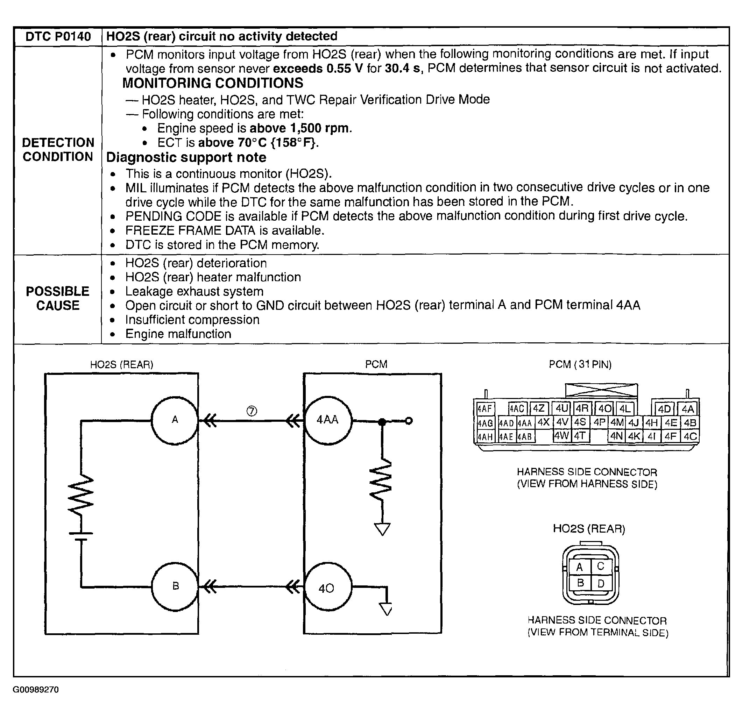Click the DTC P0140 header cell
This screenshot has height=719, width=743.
coord(58,36)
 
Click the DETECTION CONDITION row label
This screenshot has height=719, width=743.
coord(58,149)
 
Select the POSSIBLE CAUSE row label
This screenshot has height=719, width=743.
coord(58,298)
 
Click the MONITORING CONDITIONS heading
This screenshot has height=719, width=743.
coord(213,83)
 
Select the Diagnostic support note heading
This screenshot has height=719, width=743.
coord(186,157)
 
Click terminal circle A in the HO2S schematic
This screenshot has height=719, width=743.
coord(175,420)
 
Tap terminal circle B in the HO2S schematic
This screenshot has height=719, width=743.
coord(175,586)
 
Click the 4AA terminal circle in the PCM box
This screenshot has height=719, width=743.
coord(328,420)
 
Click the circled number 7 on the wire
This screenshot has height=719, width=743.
coord(252,411)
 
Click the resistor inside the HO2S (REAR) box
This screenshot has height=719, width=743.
coord(81,496)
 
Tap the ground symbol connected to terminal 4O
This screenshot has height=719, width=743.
coord(386,608)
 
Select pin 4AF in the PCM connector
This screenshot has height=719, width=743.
coord(484,408)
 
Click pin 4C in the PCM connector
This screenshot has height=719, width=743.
coord(690,436)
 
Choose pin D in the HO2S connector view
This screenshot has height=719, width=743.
coord(601,583)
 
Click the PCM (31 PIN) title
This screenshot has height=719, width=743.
coord(580,364)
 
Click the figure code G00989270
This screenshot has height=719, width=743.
coord(36,689)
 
